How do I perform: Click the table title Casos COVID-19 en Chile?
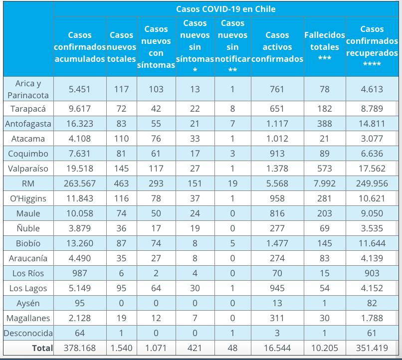point(225,9)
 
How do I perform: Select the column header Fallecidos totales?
point(325,47)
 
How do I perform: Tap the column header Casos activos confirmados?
point(277,47)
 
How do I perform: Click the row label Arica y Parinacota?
point(28,89)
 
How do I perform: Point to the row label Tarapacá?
point(28,109)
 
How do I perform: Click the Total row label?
point(42,348)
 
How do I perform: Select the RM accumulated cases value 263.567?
point(79,183)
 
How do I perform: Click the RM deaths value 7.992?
point(325,183)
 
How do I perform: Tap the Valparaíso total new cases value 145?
point(122,169)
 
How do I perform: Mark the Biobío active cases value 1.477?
point(277,243)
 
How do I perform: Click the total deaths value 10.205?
point(325,348)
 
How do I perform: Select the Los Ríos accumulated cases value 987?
point(79,273)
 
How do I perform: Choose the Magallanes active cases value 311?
point(277,318)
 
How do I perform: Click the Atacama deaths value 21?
point(325,139)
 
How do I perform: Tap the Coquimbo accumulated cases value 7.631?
point(79,154)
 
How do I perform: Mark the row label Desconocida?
point(28,333)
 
